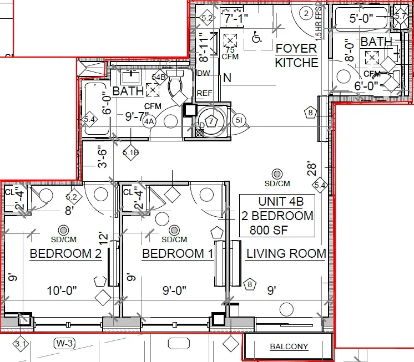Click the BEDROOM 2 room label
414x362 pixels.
tap(65, 254)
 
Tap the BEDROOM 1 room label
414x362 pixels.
tap(178, 254)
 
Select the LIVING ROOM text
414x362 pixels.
tap(286, 254)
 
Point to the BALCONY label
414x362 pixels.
tap(289, 347)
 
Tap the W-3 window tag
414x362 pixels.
tap(64, 343)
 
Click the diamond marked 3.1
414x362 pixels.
tap(21, 344)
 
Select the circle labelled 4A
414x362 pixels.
tap(148, 121)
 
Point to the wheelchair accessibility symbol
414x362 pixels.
tap(256, 38)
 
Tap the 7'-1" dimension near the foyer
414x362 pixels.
tap(235, 18)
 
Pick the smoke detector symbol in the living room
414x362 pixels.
tap(277, 174)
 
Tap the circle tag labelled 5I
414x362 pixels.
tap(239, 121)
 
